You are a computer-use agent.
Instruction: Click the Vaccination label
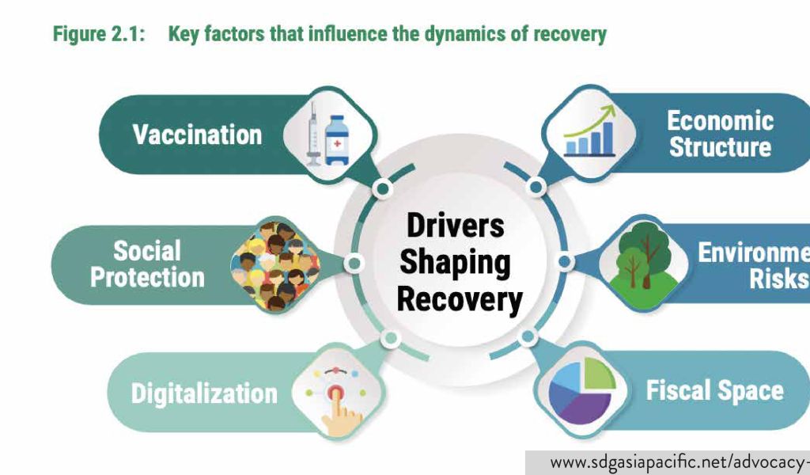pos(197,134)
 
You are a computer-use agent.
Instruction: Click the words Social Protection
pos(147,264)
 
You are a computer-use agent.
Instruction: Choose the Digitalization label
pos(204,393)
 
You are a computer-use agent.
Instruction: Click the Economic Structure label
pos(720,134)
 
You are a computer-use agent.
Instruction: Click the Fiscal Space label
pos(714,390)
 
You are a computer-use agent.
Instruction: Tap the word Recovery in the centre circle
pos(459,300)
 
